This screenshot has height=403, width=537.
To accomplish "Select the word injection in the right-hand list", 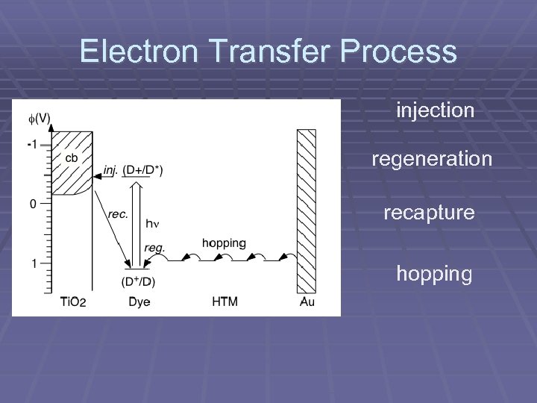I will [x=436, y=111].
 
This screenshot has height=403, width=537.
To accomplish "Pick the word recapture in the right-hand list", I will [x=429, y=213].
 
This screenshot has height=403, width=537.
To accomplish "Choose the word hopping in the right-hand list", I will [x=434, y=274].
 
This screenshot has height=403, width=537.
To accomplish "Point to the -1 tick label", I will [x=31, y=143].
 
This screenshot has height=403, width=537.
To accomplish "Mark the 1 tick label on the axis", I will [x=34, y=263].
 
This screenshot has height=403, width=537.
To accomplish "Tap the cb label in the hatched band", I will [x=72, y=158].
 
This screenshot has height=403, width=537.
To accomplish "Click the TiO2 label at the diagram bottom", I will [x=73, y=302].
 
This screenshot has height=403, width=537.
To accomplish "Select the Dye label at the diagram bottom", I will [x=139, y=302].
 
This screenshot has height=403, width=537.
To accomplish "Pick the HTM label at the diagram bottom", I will [x=225, y=302].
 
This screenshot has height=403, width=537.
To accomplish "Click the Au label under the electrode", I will [x=307, y=302].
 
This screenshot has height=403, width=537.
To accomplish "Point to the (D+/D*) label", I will [x=143, y=171].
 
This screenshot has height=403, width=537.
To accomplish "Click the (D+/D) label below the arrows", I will [x=138, y=281].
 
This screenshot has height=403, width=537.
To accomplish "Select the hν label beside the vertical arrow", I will [x=152, y=222].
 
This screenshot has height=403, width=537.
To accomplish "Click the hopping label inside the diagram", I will [x=224, y=243].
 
